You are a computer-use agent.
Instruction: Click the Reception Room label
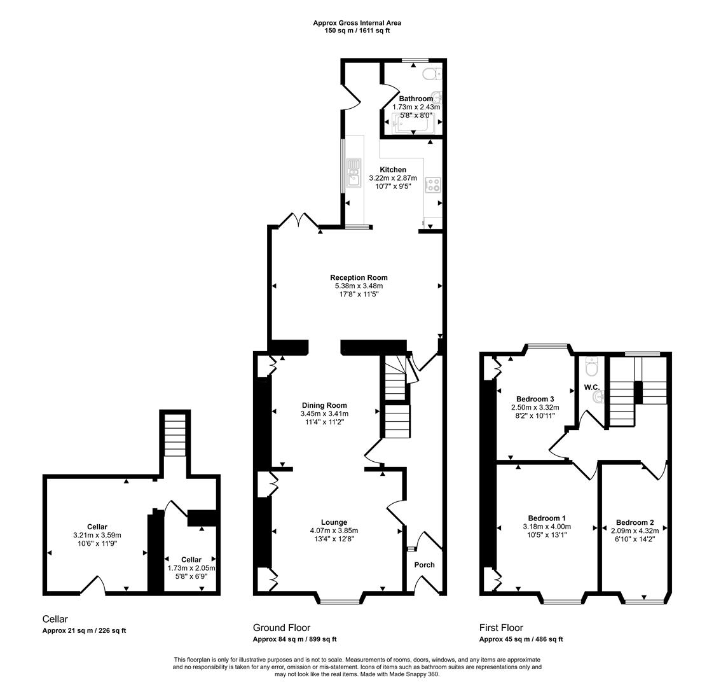(359, 277)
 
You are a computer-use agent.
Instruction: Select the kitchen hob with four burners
(434, 185)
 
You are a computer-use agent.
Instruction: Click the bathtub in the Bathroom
(413, 123)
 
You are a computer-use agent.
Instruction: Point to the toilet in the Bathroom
(432, 74)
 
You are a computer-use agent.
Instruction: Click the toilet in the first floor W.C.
(591, 368)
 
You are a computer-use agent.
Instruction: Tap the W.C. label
(591, 387)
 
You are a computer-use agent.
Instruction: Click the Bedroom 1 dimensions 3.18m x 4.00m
(547, 527)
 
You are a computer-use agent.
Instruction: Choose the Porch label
(424, 565)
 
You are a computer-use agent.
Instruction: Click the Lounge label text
(334, 522)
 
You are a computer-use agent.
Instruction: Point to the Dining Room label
(324, 405)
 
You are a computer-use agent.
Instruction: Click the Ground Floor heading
(281, 628)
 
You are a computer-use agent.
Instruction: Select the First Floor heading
(501, 628)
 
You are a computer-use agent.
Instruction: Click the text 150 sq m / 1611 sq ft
(357, 31)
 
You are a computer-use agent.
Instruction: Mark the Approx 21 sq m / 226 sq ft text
(84, 631)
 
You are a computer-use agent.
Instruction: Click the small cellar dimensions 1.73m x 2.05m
(191, 568)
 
